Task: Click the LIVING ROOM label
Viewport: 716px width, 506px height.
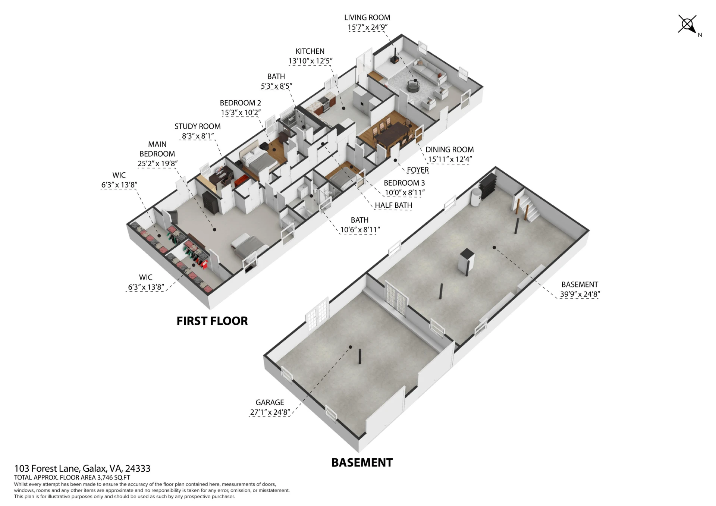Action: point(367,18)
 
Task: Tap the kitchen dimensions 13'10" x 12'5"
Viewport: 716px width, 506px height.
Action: point(310,61)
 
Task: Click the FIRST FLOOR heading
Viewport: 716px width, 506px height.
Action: point(212,321)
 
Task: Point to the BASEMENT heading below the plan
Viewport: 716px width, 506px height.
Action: point(362,462)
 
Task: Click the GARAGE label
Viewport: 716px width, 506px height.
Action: point(270,402)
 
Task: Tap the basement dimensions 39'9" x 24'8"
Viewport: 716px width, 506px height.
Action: point(580,294)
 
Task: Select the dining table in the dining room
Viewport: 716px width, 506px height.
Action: point(392,135)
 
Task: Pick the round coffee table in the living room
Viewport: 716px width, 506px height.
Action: point(412,86)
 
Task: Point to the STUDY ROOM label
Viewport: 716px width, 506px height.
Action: point(197,126)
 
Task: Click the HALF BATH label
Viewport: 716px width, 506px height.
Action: point(393,205)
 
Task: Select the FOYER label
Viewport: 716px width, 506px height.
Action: point(418,170)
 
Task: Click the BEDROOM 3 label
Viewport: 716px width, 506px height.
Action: point(404,183)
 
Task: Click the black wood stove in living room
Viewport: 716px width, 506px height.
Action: point(394,56)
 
